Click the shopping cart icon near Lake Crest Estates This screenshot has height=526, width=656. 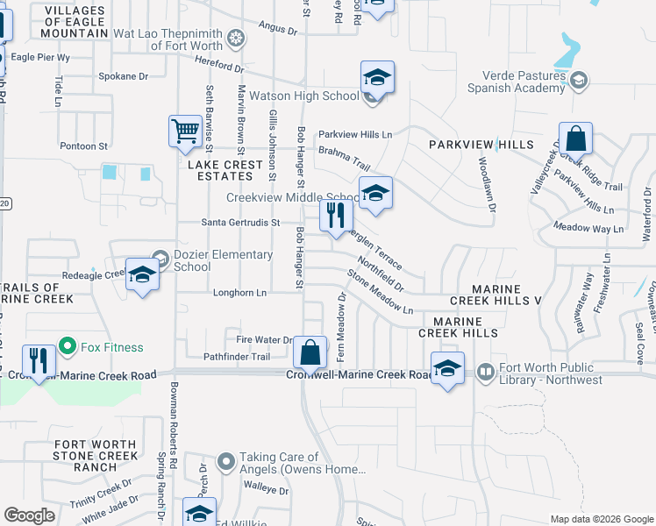click(x=186, y=131)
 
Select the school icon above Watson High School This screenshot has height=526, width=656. click(x=376, y=78)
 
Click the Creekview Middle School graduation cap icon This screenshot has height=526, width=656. click(x=375, y=195)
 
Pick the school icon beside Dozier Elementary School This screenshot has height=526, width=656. click(x=142, y=275)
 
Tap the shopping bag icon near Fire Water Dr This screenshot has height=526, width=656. click(x=310, y=352)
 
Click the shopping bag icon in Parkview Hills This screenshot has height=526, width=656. click(x=575, y=139)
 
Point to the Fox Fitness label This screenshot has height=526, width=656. click(x=111, y=347)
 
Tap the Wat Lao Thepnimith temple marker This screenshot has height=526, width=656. click(x=235, y=38)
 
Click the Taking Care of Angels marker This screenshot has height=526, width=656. click(x=226, y=459)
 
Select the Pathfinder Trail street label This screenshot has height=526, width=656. click(x=237, y=357)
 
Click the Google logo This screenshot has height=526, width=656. click(x=30, y=515)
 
